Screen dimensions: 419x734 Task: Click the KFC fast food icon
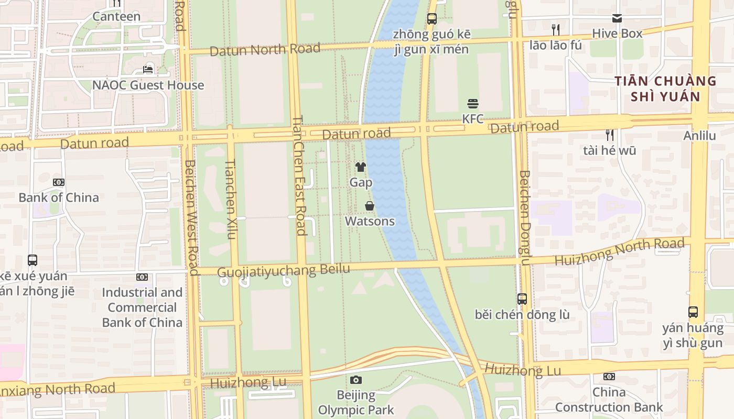coord(472,104)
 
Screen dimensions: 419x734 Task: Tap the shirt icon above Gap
coord(361,167)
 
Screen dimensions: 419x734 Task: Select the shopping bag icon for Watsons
coord(370,206)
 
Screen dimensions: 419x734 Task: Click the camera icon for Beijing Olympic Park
coord(356,380)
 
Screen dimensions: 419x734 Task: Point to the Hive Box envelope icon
coord(617,18)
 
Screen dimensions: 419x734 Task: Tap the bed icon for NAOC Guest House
coord(148,70)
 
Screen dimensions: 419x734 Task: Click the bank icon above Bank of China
coord(59,182)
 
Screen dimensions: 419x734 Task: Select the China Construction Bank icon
coord(609,377)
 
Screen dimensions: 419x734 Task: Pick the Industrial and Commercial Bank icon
coord(142,277)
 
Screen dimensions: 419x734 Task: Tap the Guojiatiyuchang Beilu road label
coord(283,271)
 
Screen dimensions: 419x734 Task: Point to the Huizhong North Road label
coord(619,251)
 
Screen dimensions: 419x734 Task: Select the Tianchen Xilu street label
coord(231,199)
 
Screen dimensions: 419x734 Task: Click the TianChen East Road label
coord(299,175)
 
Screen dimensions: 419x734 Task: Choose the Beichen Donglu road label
coord(525,218)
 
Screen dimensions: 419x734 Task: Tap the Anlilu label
coord(699,136)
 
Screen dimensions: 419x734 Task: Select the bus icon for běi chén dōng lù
coord(522,299)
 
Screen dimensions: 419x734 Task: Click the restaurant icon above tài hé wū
coord(609,135)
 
